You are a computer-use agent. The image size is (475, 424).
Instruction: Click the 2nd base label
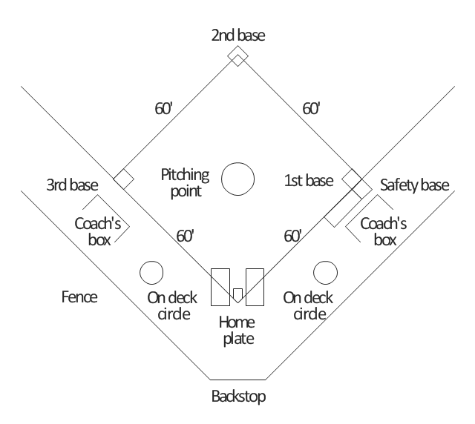[x=237, y=35]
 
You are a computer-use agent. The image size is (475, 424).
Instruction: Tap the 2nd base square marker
[x=237, y=56]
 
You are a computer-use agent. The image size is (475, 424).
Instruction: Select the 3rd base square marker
[x=124, y=179]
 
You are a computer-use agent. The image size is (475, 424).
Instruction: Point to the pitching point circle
[x=238, y=179]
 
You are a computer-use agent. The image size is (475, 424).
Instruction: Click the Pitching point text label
[x=186, y=182]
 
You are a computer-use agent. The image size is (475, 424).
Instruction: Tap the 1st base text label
[x=309, y=180]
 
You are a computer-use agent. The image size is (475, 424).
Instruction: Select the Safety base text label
[x=415, y=185]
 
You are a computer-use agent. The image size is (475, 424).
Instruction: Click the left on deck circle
[x=151, y=272]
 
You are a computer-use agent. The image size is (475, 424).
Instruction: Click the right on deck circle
[x=324, y=272]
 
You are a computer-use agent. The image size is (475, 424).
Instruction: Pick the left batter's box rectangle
[x=220, y=287]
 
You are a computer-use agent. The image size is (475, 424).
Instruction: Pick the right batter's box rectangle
[x=255, y=287]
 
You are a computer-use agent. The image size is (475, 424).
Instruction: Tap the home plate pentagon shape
[x=237, y=294]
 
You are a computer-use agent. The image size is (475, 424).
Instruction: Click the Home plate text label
[x=237, y=331]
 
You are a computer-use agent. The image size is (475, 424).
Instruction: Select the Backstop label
[x=237, y=396]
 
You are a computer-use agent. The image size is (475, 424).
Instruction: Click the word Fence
[x=79, y=297]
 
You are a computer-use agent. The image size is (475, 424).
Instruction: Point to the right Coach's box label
[x=384, y=231]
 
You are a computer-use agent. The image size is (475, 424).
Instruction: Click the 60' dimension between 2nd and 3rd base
[x=164, y=108]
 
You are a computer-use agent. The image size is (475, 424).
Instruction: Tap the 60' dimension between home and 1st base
[x=293, y=236]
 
